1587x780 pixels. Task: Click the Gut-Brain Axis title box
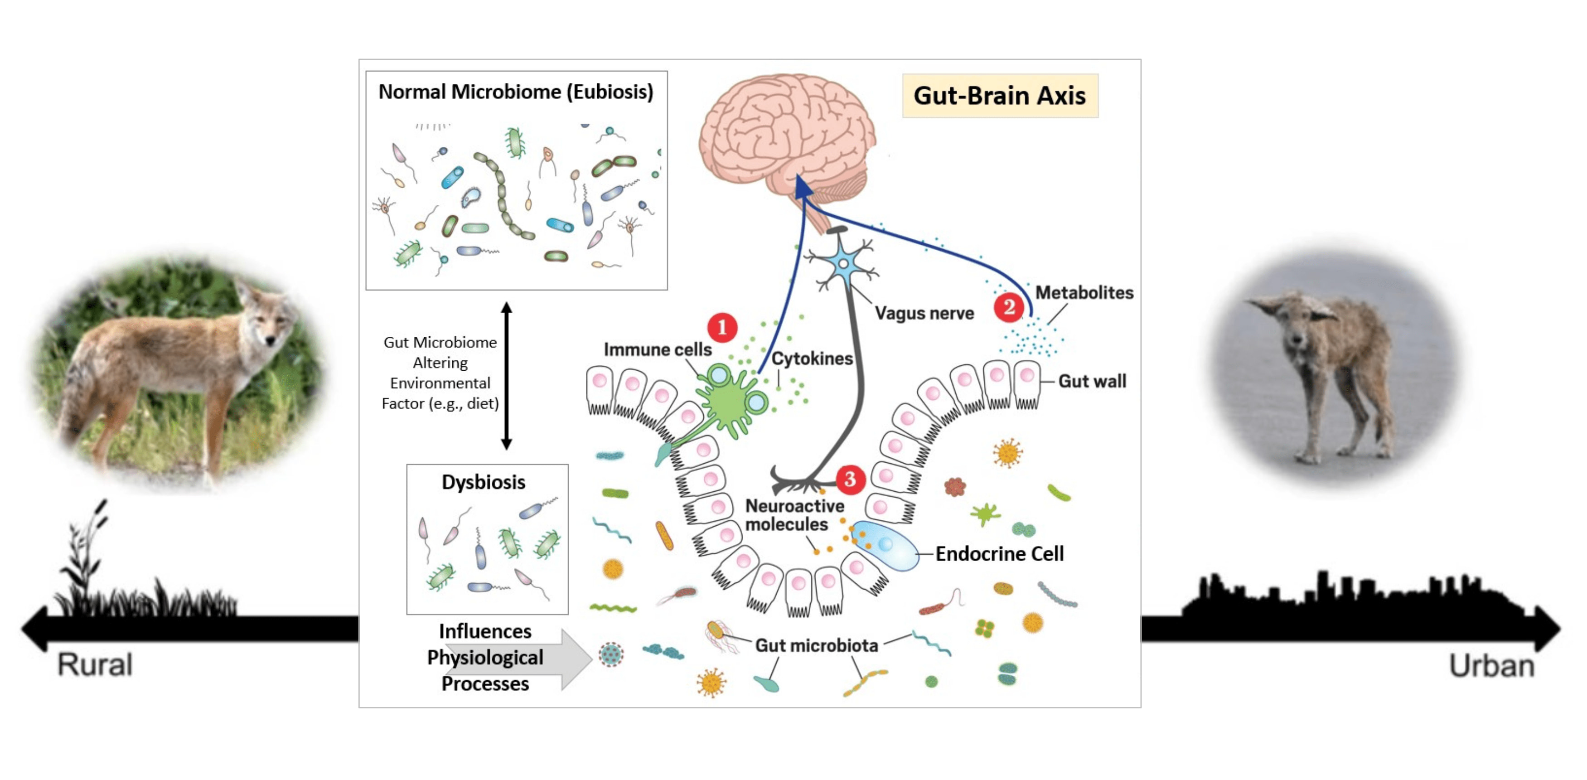[x=999, y=96]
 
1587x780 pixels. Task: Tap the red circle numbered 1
[x=722, y=327]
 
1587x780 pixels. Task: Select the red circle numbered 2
[x=1008, y=306]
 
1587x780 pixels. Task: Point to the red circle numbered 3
[x=850, y=479]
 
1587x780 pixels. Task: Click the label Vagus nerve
[x=924, y=313]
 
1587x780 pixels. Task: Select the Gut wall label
[x=1092, y=381]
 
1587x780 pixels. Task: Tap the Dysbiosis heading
[x=483, y=482]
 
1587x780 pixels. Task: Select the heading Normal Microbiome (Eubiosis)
[x=516, y=92]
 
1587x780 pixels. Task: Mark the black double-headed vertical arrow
[x=506, y=375]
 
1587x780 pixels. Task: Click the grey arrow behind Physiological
[x=573, y=658]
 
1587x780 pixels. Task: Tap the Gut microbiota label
[x=816, y=645]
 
